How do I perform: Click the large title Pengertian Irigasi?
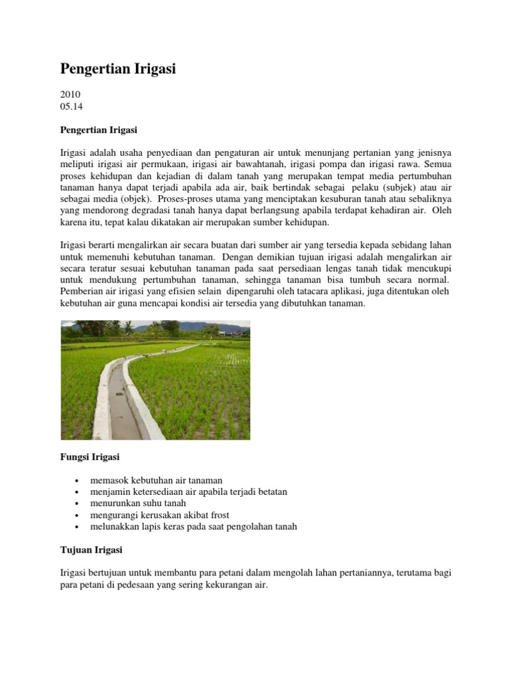[118, 69]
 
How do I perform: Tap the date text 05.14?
[71, 106]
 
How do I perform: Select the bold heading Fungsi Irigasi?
[90, 458]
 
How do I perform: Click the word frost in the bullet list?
[218, 515]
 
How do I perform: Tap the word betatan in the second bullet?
[269, 492]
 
